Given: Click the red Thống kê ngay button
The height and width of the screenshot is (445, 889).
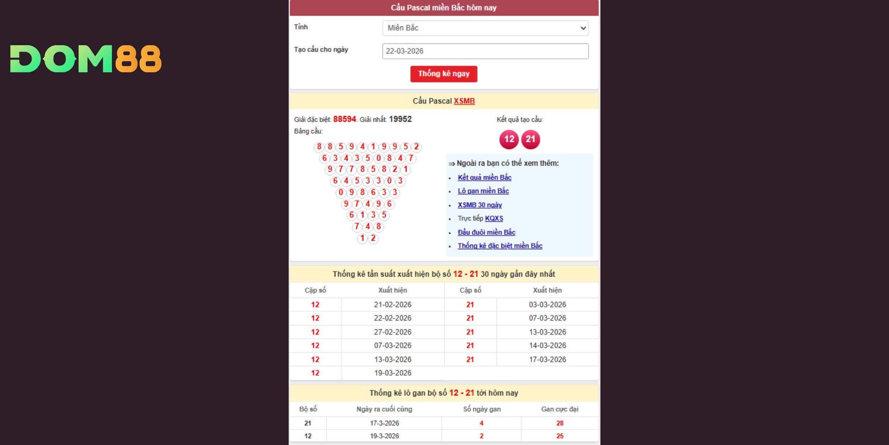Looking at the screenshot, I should point(443,74).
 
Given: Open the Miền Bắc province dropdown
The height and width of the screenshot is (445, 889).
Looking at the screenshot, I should point(485,28).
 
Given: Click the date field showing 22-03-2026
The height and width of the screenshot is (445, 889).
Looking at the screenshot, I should point(485,51).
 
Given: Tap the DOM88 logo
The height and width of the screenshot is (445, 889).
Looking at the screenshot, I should point(86,59).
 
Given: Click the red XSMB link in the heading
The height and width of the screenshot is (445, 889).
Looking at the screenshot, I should point(464,101).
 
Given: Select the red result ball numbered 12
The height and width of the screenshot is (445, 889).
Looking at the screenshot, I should point(509,139).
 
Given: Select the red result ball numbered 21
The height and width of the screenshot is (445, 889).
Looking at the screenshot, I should point(531,139).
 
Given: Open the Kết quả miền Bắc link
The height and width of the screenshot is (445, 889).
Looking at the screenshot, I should point(484,177).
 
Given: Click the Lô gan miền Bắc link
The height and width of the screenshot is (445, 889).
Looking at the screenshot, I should point(483,191).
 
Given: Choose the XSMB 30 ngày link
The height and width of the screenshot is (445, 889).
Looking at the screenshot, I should point(479,205).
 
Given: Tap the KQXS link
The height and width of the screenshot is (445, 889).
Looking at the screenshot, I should point(494,218).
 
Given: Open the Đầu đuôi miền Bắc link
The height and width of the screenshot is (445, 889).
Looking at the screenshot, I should point(486,232).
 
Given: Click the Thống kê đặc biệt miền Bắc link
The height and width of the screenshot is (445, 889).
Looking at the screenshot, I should point(500,246).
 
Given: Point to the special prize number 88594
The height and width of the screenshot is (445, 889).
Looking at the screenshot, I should point(344,119).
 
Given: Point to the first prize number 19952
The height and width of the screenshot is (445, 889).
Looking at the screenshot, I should point(400,119).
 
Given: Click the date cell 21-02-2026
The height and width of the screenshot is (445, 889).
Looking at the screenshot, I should point(393,305).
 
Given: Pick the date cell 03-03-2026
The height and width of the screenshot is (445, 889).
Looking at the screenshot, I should point(547,305).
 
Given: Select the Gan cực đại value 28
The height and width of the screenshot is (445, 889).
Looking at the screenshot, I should point(560,423).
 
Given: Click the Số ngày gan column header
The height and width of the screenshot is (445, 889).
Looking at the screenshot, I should point(481,409).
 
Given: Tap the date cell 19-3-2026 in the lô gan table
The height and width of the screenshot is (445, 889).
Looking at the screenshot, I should point(384,436).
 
